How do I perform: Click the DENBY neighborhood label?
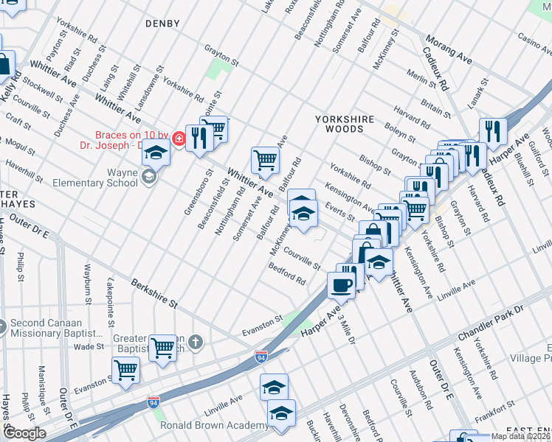pos(162,24)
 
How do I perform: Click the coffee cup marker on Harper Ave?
pos(342,284)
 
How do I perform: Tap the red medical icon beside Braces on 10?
pos(179,138)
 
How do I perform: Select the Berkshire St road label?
pos(154,292)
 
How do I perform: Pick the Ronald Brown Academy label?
pos(214,426)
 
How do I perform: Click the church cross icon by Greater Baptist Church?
pos(196,342)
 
